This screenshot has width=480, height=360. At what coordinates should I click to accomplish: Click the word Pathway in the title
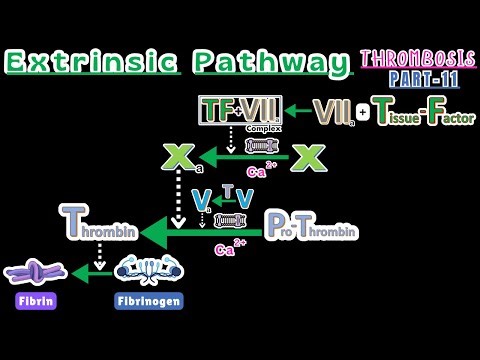click(264, 62)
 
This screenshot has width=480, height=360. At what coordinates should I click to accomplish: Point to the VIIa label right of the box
click(331, 112)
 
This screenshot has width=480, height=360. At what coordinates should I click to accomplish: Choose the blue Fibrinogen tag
click(148, 298)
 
